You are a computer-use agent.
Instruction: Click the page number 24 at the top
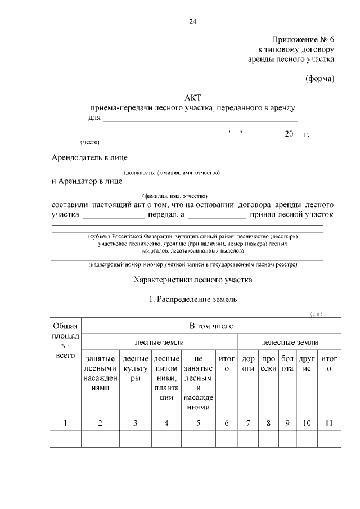193,22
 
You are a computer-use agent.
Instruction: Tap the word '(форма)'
319,78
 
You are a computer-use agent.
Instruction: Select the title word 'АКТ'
193,98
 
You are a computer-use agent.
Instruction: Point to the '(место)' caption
90,142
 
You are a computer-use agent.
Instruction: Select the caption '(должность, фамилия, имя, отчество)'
172,172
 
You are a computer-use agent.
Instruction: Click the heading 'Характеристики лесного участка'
193,280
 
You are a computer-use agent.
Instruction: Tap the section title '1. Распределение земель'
193,299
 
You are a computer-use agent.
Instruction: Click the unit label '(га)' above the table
316,314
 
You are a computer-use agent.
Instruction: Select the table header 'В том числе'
211,326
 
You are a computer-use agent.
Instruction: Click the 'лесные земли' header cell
159,342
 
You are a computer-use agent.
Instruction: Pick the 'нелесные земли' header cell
289,342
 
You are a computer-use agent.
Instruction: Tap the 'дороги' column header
248,363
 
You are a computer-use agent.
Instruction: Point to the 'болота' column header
287,363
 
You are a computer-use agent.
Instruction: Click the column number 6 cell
226,423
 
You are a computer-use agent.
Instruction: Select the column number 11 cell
329,423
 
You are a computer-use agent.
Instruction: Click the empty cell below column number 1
66,439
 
